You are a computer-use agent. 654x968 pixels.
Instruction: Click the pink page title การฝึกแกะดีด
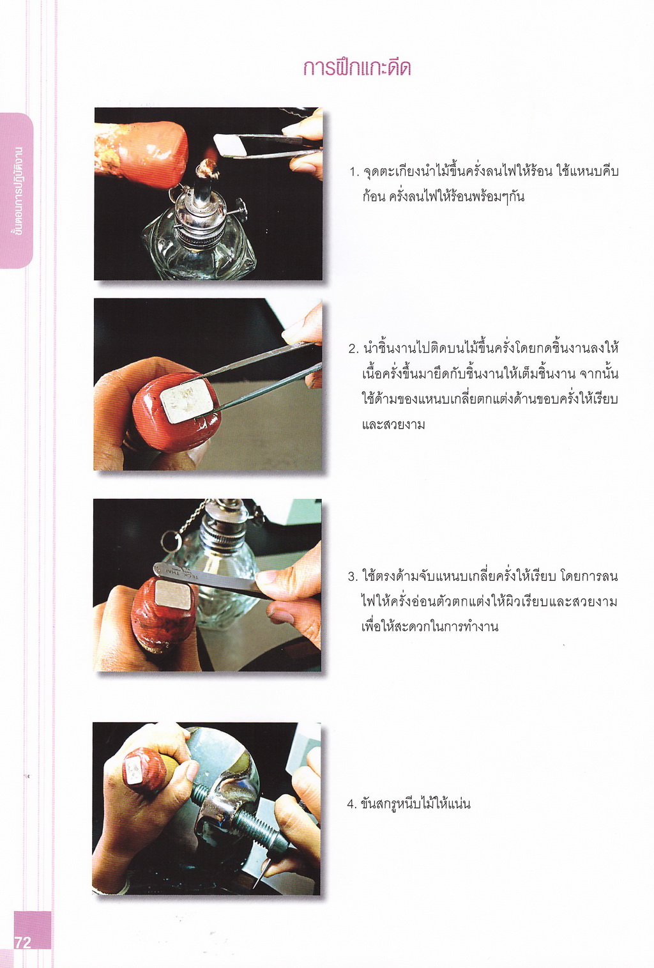(357, 68)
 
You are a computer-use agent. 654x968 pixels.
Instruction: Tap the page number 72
(22, 942)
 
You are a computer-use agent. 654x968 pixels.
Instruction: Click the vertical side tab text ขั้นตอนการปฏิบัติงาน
(18, 191)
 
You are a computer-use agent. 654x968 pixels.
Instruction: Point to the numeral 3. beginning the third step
(353, 577)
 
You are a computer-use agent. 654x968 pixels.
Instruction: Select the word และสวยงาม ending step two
(393, 425)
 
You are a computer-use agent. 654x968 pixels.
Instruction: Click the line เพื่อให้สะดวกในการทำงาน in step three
(430, 627)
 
